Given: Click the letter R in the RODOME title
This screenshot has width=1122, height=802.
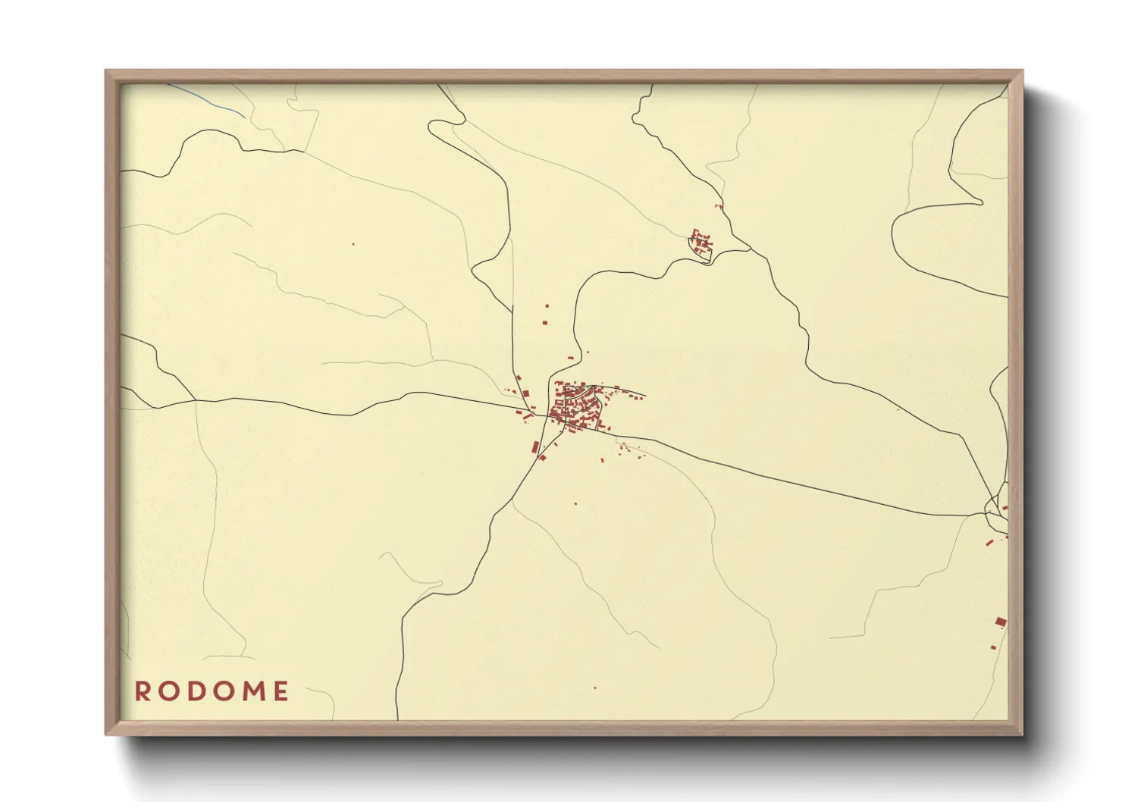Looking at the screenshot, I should click(x=142, y=691).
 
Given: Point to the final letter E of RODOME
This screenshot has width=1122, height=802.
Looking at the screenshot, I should click(x=281, y=691).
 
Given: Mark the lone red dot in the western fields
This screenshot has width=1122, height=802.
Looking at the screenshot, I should click(x=353, y=244).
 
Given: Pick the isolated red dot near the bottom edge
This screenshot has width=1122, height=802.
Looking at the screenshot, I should click(x=594, y=688).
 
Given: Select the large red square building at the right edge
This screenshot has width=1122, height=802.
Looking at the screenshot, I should click(x=1000, y=622).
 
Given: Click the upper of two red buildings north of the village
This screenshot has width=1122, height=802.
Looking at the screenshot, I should click(x=547, y=306).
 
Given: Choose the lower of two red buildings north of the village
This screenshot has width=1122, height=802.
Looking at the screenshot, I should click(x=544, y=322).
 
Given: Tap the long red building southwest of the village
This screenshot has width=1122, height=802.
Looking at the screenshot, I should click(x=535, y=446).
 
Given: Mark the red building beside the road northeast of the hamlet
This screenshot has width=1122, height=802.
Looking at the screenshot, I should click(x=717, y=205).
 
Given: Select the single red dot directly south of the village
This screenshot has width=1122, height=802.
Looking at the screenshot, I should click(x=575, y=503).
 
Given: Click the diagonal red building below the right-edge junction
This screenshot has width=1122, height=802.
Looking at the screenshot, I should click(x=989, y=542).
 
